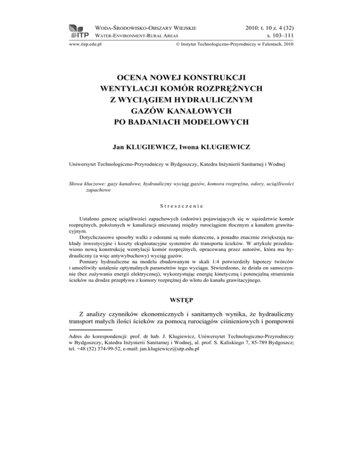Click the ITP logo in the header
click(78, 30)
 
